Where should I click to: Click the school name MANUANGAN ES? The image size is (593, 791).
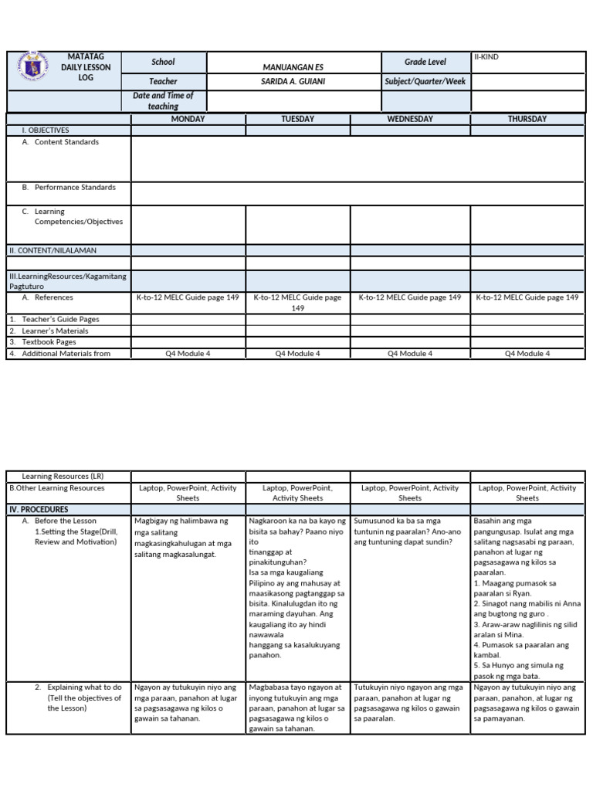point(293,67)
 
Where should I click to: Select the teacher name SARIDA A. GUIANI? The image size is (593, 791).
point(293,81)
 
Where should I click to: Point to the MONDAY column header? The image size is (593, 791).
point(188,119)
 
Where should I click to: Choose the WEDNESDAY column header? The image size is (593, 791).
point(409,119)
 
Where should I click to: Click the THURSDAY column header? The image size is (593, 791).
point(527,119)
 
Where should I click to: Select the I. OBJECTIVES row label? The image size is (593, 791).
point(46,131)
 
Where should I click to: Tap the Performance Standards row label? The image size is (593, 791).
point(75,188)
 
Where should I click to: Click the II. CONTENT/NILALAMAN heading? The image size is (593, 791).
point(52,250)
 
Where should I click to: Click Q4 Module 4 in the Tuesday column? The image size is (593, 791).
point(297,354)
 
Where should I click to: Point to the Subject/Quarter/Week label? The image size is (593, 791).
point(425,81)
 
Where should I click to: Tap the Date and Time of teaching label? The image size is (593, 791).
point(163,100)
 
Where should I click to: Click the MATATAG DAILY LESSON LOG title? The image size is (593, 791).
point(86,67)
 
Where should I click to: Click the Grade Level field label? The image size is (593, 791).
point(425,62)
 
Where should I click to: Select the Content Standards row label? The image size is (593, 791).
point(66,142)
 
